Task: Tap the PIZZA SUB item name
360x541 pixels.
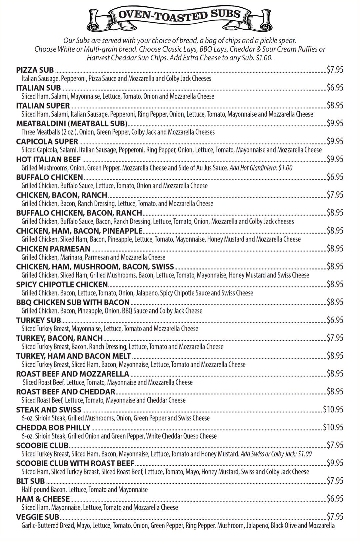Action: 35,70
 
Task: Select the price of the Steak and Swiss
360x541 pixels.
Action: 333,409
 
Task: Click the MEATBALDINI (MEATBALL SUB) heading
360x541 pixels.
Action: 72,124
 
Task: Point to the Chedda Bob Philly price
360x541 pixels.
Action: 333,427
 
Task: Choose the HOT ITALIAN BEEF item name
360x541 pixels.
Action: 48,160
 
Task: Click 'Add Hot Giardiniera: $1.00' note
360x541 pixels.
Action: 261,168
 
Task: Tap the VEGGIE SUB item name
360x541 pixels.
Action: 38,517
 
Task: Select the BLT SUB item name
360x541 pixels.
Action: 30,481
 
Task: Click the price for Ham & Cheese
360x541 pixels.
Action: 335,499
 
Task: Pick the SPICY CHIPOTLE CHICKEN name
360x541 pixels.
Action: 62,284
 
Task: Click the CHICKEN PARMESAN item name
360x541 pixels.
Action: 53,249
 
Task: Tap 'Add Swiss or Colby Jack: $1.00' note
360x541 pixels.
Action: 276,454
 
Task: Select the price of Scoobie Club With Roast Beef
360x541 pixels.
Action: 335,463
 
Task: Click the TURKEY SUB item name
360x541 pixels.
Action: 39,320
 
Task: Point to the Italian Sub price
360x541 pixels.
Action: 335,88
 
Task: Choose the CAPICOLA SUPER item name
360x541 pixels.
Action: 47,142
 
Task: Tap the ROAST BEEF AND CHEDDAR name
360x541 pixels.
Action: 66,392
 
